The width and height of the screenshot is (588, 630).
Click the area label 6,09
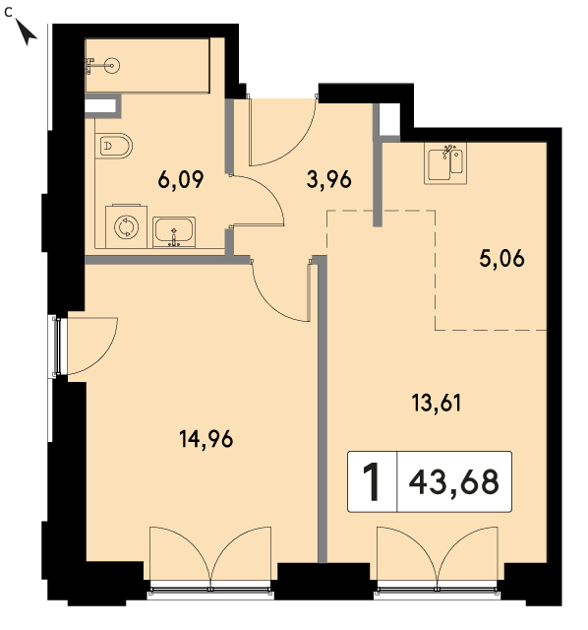pos(181,180)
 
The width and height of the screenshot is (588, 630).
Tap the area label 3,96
pos(328,179)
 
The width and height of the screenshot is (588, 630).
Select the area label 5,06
pos(501,258)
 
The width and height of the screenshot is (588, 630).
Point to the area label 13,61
pos(437,403)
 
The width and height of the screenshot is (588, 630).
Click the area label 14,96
pos(206,439)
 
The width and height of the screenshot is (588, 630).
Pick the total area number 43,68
pos(454,482)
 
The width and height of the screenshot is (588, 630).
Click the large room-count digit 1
pos(372,481)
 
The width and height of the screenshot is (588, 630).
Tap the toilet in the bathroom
pos(114,146)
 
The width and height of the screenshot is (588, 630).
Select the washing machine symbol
pos(126,226)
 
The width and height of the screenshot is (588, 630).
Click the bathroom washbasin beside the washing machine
pos(174,232)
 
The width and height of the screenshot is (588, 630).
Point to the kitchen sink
pos(445,163)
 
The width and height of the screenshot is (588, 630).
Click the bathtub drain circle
pos(111,65)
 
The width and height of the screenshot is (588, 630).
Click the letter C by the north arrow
pos(8,13)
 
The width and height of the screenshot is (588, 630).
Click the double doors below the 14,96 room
pos(210,558)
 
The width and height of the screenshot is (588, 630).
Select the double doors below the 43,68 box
pos(438,558)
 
